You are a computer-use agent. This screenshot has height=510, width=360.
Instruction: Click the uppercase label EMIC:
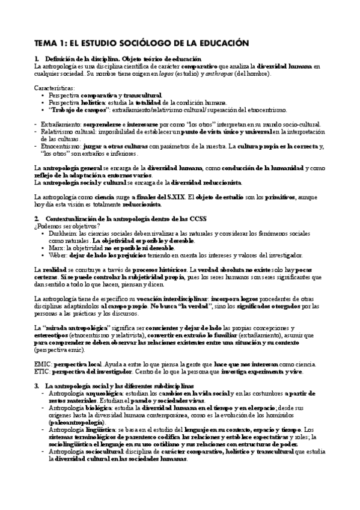coord(43,365)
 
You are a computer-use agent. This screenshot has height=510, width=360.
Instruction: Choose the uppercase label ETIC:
coord(43,372)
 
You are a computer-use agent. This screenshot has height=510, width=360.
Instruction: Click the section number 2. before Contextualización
coord(37,220)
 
